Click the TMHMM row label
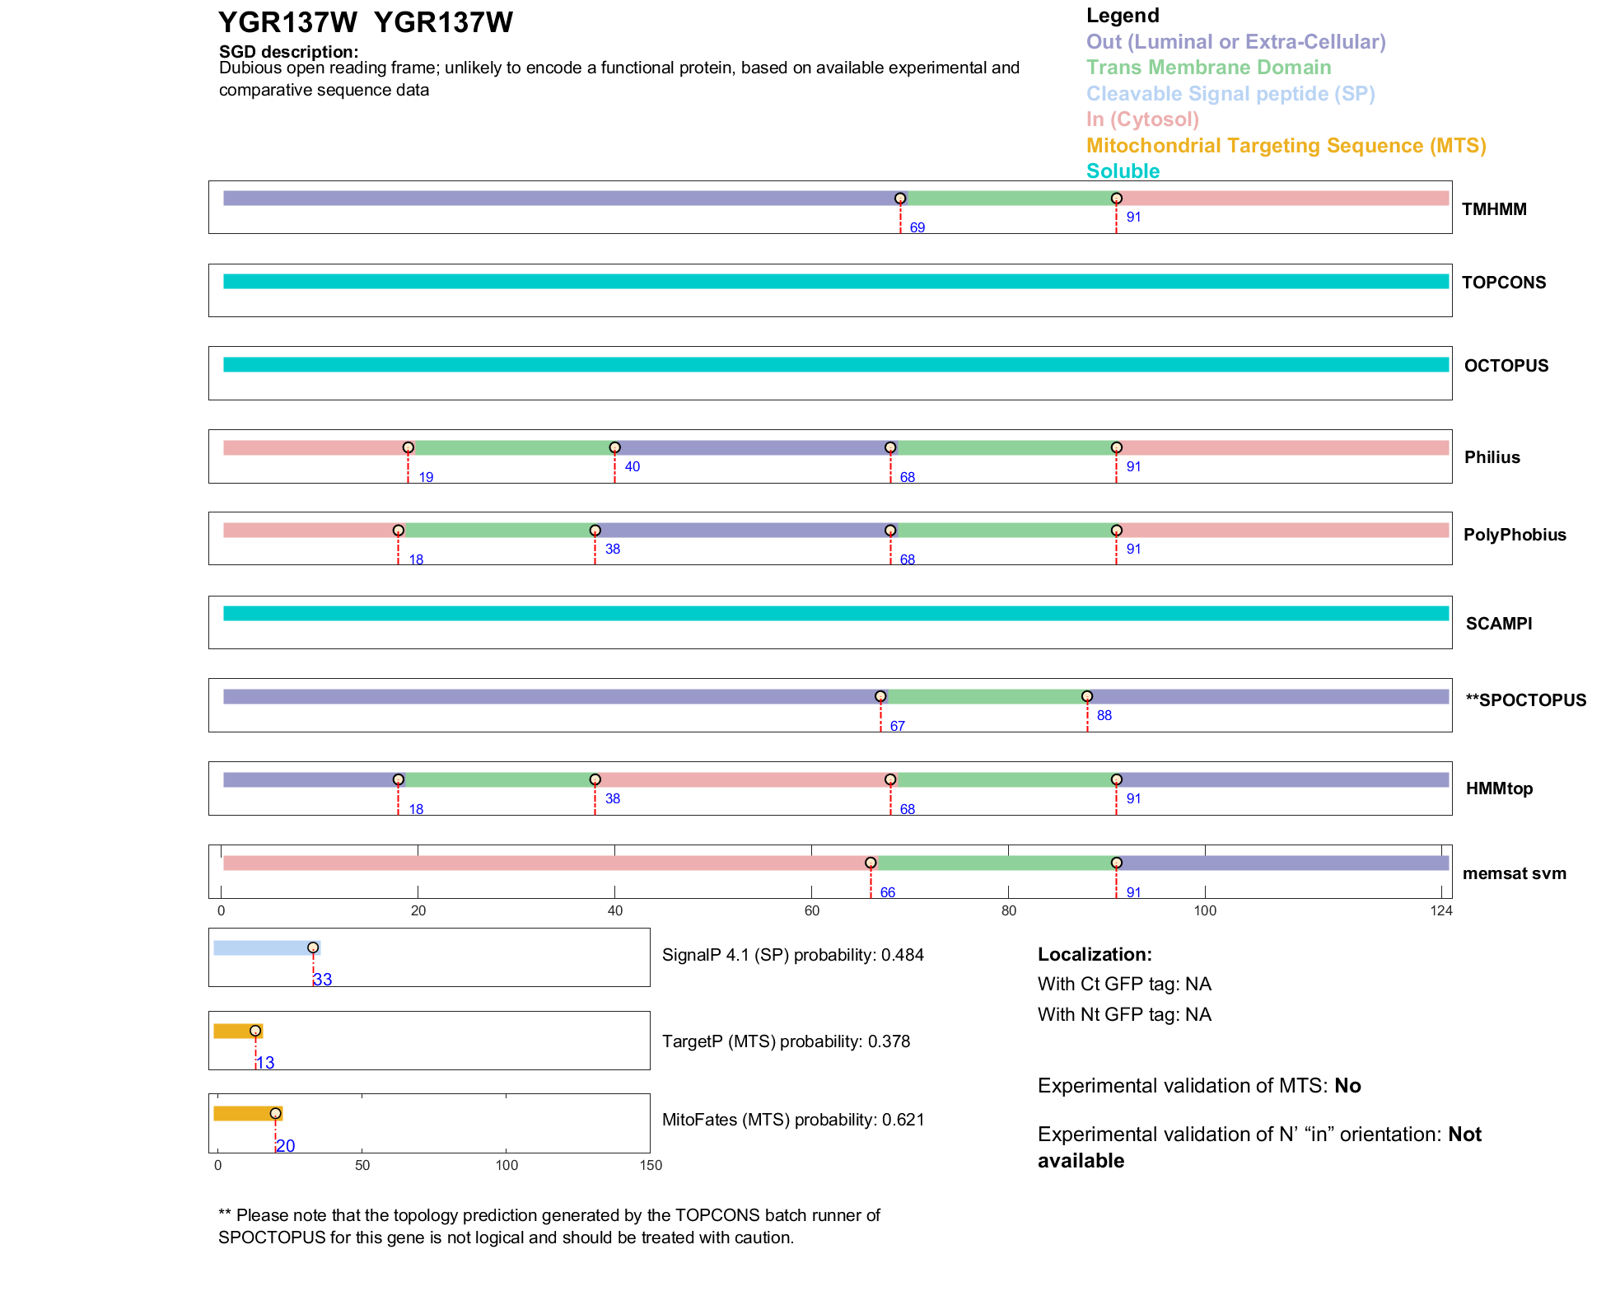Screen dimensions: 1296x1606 (x=1493, y=209)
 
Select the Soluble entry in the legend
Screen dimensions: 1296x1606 (x=1123, y=171)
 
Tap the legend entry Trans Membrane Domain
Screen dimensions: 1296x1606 (x=1208, y=68)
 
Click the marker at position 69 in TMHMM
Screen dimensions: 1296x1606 (x=900, y=199)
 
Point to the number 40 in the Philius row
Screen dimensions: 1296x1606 (x=632, y=466)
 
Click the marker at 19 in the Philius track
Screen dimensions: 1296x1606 (x=408, y=447)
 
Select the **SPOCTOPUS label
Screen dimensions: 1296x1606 (x=1525, y=700)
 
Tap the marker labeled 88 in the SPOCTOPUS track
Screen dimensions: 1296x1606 (x=1087, y=696)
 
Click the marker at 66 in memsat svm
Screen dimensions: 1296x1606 (x=871, y=863)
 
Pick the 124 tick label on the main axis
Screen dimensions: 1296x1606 (x=1441, y=910)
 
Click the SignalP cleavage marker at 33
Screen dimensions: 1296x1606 (x=313, y=947)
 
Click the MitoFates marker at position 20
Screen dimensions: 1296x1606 (x=276, y=1114)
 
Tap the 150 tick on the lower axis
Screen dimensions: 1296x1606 (x=651, y=1165)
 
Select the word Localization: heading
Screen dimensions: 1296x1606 (x=1095, y=954)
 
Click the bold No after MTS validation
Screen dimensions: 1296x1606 (x=1347, y=1086)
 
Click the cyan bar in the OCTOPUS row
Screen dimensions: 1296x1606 (x=835, y=364)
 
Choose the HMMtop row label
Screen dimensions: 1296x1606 (x=1499, y=788)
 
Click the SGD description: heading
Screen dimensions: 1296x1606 (x=288, y=52)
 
